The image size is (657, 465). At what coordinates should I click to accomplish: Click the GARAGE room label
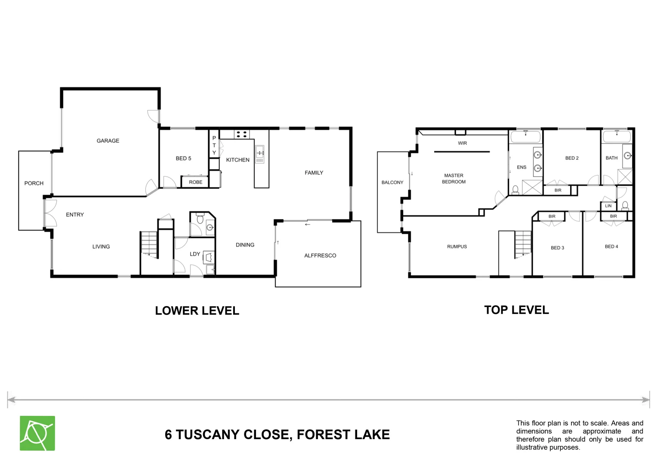click(108, 141)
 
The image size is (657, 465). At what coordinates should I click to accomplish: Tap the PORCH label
click(34, 183)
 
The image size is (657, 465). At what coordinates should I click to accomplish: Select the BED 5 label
click(183, 158)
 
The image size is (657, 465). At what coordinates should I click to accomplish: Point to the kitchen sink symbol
click(259, 155)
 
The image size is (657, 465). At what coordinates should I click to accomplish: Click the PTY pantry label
click(214, 146)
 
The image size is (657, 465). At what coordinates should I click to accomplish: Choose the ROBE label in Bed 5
click(195, 182)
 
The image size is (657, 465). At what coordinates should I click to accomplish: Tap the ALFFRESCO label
click(320, 256)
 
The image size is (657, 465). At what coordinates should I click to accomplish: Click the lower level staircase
click(149, 245)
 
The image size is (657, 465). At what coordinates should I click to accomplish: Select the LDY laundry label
click(195, 254)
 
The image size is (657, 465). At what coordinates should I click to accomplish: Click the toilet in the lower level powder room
click(199, 219)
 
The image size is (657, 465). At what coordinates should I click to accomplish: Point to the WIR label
click(462, 143)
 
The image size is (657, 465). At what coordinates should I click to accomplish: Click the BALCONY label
click(392, 183)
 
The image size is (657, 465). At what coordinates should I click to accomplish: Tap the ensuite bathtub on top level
click(525, 137)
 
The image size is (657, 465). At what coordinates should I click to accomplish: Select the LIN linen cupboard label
click(608, 206)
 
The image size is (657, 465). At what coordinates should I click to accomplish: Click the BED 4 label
click(611, 247)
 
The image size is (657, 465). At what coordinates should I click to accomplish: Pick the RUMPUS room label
click(457, 247)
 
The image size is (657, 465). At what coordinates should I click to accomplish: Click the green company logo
click(37, 433)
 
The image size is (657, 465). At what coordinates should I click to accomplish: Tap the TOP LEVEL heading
click(516, 310)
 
